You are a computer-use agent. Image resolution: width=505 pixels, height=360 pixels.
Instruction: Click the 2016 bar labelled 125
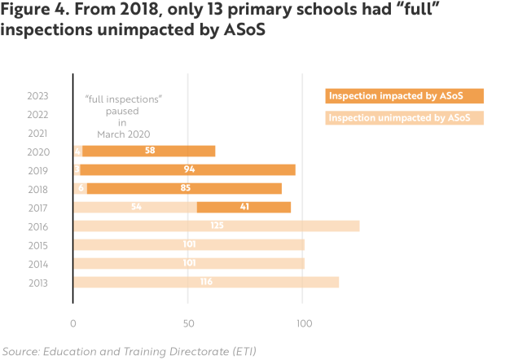[x=217, y=226]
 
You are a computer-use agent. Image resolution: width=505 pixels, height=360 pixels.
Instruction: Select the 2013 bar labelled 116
[x=206, y=282]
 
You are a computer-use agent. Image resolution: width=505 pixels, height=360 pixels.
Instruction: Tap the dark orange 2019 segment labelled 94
[x=188, y=169]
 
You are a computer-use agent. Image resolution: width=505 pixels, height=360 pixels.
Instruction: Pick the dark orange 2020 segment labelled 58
[x=149, y=151]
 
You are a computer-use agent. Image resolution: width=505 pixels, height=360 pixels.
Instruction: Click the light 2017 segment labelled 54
[x=135, y=207]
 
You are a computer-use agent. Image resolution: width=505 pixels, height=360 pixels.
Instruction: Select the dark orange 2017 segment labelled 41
[x=244, y=207]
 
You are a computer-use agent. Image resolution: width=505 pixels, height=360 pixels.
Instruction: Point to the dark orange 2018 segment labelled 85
[x=184, y=188]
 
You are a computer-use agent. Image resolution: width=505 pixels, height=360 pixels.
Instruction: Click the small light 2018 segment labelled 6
[x=80, y=188]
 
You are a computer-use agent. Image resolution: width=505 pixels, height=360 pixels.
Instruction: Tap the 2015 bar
[x=189, y=244]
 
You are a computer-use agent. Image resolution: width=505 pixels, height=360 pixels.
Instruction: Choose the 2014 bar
[x=189, y=263]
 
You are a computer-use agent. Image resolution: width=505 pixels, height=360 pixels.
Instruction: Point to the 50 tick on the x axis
[x=188, y=323]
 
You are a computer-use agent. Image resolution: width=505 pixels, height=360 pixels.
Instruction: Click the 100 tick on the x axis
[x=303, y=323]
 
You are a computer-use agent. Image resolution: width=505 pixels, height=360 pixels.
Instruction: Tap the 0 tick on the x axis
[x=74, y=323]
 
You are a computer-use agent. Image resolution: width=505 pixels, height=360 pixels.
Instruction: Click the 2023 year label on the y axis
[x=37, y=95]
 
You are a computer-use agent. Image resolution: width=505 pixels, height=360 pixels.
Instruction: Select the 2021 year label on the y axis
[x=37, y=133]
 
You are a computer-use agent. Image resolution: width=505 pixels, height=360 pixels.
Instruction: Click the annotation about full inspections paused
[x=125, y=116]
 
